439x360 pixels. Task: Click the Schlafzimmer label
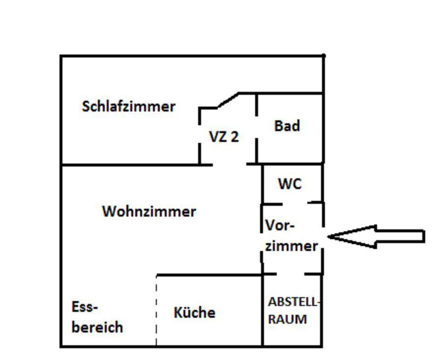(x=128, y=107)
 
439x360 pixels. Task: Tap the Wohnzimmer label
(x=149, y=212)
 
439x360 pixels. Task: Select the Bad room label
(x=287, y=126)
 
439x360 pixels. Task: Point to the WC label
(x=290, y=184)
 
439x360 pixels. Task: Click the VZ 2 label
(x=224, y=137)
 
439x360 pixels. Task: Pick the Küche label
(x=194, y=313)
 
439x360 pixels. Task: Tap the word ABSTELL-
(x=294, y=302)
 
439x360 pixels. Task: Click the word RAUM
(x=288, y=319)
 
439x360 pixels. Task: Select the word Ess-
(x=85, y=307)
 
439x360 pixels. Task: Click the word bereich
(x=97, y=327)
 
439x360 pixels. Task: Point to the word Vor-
(x=280, y=226)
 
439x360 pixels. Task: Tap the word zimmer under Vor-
(x=291, y=246)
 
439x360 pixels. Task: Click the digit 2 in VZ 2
(x=234, y=137)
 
